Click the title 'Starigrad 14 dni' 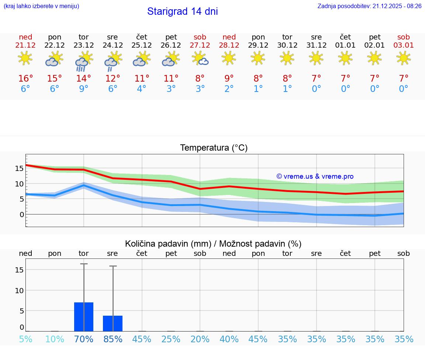[x=182, y=11]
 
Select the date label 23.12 [x=84, y=45]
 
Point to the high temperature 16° [x=25, y=78]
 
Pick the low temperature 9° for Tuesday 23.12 [x=84, y=89]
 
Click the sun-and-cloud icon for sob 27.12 [x=200, y=58]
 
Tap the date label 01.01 [x=345, y=45]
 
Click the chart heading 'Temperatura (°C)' [x=214, y=148]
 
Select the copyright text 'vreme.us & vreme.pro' [x=315, y=176]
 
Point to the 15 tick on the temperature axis [x=19, y=168]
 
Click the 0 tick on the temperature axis [x=22, y=215]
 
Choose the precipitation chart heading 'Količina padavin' [x=213, y=244]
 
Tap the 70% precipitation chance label [x=84, y=339]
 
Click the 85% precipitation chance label [x=113, y=339]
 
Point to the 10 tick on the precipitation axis [x=19, y=291]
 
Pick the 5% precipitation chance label [x=25, y=339]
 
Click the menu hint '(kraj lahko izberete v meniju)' [x=41, y=6]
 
